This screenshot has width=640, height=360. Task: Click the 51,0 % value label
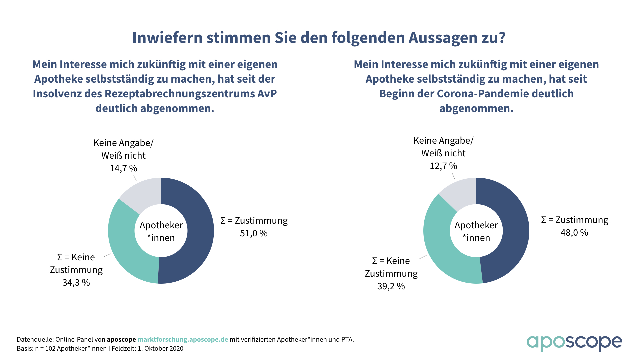click(x=254, y=233)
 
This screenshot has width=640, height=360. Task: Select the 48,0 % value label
click(x=574, y=233)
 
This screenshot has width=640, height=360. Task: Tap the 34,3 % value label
click(x=76, y=283)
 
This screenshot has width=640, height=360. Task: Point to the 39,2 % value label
click(x=391, y=286)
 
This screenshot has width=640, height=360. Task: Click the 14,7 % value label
click(x=123, y=168)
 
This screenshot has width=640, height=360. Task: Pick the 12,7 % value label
click(x=443, y=166)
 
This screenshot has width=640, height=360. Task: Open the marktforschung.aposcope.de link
click(x=183, y=340)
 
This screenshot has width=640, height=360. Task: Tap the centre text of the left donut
click(x=161, y=231)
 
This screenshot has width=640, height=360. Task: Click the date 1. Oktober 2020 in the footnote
click(x=160, y=349)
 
